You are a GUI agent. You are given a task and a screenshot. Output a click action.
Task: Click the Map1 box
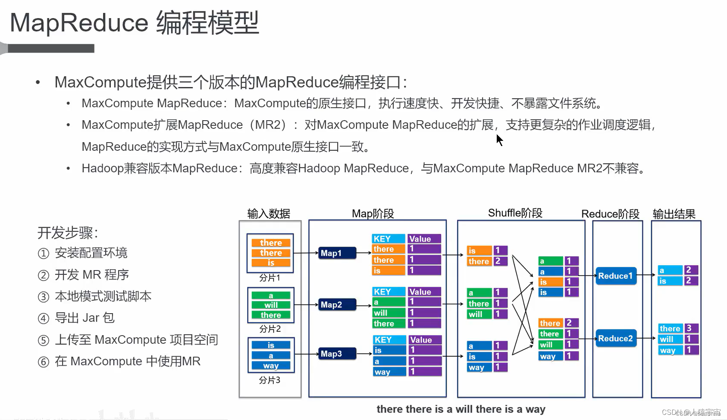tap(338, 253)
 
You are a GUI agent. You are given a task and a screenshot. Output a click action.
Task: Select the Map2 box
tap(338, 305)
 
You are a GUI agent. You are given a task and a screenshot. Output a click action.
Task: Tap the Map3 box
tap(338, 354)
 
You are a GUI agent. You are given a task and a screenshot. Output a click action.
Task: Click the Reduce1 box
tap(615, 276)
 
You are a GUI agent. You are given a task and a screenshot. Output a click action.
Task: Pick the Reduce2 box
tap(615, 339)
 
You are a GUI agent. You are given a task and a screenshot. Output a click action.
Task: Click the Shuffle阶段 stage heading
tap(515, 213)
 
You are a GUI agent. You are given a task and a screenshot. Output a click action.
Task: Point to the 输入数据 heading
tap(269, 214)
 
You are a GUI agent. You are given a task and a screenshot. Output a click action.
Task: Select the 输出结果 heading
tap(674, 214)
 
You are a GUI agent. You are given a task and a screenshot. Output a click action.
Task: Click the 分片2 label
tap(270, 329)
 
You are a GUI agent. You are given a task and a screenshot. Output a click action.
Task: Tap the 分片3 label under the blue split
tap(269, 380)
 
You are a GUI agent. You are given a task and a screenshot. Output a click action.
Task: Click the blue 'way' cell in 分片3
tap(271, 366)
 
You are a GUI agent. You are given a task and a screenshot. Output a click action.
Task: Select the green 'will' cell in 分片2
tap(271, 305)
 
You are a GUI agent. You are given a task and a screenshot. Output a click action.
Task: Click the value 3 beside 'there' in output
tap(689, 328)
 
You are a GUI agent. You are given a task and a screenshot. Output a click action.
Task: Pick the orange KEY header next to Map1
tap(388, 239)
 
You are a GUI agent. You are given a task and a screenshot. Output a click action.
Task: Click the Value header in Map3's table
tap(425, 340)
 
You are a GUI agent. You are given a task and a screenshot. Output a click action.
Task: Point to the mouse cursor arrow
tap(499, 140)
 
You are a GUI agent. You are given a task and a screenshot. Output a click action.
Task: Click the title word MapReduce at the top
tap(79, 23)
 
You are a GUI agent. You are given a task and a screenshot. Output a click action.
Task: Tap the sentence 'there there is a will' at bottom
tap(461, 409)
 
